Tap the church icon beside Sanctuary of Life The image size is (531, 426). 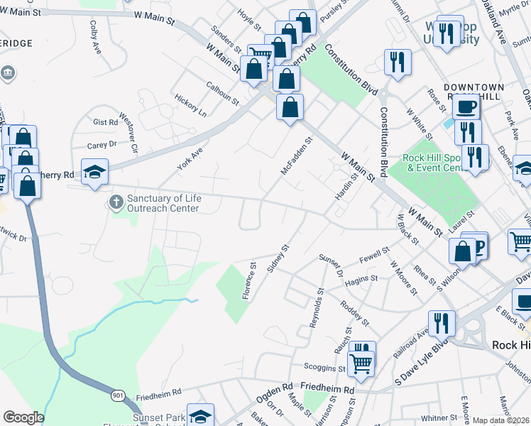116,203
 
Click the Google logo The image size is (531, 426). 23,417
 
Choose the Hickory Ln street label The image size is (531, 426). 192,105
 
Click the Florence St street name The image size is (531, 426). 249,282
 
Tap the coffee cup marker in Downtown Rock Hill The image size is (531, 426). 466,106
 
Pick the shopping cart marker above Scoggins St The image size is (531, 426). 362,363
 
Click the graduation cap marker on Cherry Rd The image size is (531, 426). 94,171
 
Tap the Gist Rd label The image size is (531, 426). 105,122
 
